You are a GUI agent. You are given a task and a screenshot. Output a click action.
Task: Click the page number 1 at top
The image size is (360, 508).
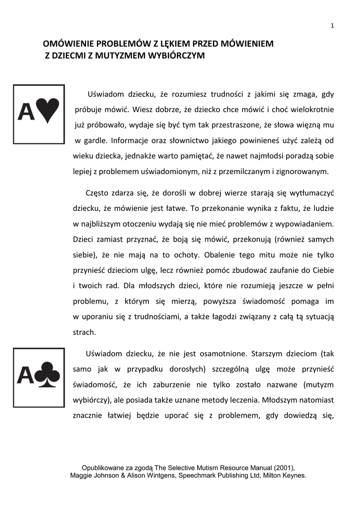(x=332, y=26)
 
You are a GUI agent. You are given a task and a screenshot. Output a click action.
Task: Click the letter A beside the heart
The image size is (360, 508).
(x=26, y=112)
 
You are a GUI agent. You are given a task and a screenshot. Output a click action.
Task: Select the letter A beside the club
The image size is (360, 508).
(x=26, y=376)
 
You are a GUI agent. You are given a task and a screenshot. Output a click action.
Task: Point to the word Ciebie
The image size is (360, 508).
(x=322, y=270)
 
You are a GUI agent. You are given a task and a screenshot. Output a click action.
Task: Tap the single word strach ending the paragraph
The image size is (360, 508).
(x=84, y=332)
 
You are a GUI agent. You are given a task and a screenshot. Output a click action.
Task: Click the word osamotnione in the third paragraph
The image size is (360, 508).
(x=222, y=354)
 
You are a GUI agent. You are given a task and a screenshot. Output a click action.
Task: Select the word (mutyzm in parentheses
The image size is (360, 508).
(x=318, y=384)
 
